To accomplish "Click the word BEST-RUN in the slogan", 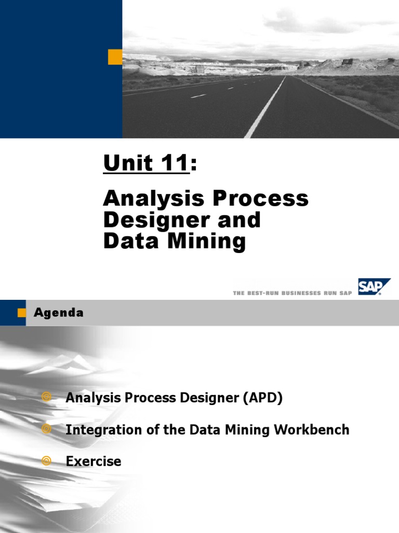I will point(263,293).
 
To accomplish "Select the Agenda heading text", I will point(59,313).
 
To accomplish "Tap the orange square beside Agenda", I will point(21,312).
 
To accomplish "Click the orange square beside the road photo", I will point(115,57).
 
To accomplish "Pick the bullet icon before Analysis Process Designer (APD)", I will point(47,398).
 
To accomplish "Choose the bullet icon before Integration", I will point(47,429).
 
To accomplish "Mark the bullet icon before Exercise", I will point(47,461).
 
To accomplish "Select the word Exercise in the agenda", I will point(94,461).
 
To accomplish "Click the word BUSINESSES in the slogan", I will point(312,293).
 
